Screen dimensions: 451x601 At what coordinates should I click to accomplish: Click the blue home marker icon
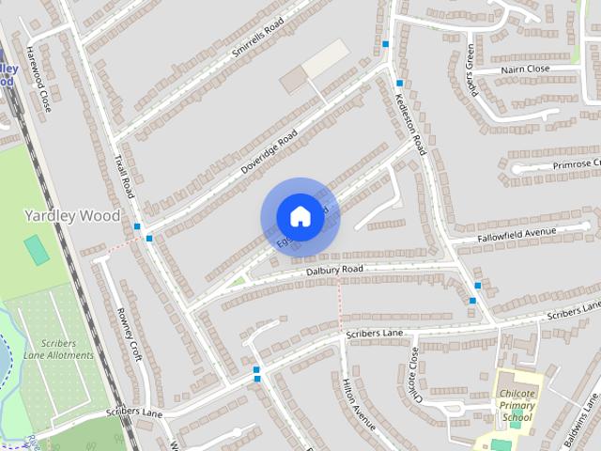[300, 216]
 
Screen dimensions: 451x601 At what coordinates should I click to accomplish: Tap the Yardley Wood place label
[72, 215]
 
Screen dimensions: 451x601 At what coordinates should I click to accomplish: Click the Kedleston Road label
[411, 123]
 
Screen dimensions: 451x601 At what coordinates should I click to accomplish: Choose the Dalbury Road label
[333, 271]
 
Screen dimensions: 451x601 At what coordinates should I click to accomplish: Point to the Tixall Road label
[123, 176]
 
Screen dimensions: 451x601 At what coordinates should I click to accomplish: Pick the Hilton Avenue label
[360, 404]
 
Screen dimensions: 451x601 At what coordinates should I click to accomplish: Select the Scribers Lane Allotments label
[59, 349]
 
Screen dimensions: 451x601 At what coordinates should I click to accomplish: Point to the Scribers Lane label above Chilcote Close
[374, 334]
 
